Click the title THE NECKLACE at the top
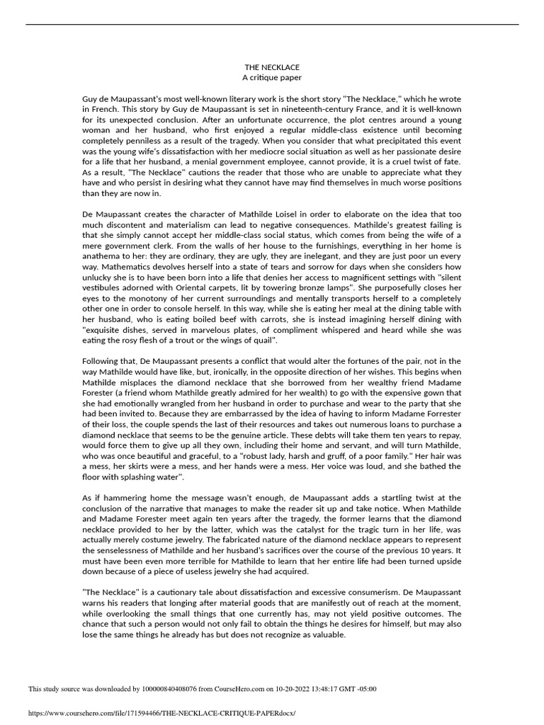tap(272, 67)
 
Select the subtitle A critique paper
tap(272, 77)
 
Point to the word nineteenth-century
tap(290, 110)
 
